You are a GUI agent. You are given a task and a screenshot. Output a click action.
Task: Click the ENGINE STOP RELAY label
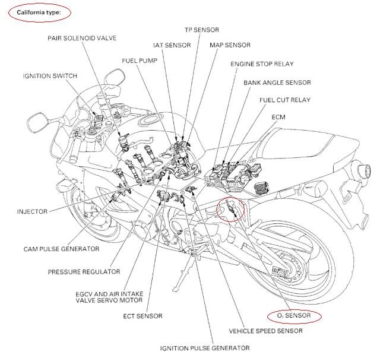(262, 64)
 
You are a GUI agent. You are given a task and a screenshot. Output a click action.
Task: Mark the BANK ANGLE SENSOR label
(277, 83)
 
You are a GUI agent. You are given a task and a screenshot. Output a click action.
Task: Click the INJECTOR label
(32, 211)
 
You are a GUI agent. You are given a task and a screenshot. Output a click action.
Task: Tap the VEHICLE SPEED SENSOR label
(265, 331)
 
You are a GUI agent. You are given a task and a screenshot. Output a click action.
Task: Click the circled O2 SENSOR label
(293, 315)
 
